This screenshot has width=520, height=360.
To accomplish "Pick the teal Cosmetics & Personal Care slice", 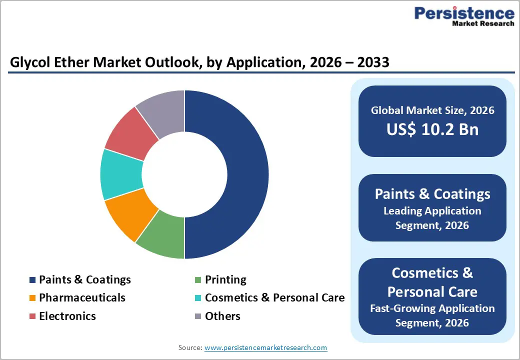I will [x=120, y=174].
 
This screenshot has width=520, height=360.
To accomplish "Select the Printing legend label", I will [x=225, y=279].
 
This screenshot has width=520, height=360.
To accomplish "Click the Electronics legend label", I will [x=67, y=316].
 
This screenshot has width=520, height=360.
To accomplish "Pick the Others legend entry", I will [x=222, y=316].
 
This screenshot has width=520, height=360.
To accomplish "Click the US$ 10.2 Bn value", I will [x=432, y=129].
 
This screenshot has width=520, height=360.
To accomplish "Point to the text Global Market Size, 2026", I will [x=432, y=110].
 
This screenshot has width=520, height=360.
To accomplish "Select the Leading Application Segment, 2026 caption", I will [x=432, y=218].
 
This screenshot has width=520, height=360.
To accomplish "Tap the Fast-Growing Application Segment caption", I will [x=432, y=315].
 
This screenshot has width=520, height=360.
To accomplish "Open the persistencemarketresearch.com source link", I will [x=265, y=347].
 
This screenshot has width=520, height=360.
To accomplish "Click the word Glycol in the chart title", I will [x=29, y=62].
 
